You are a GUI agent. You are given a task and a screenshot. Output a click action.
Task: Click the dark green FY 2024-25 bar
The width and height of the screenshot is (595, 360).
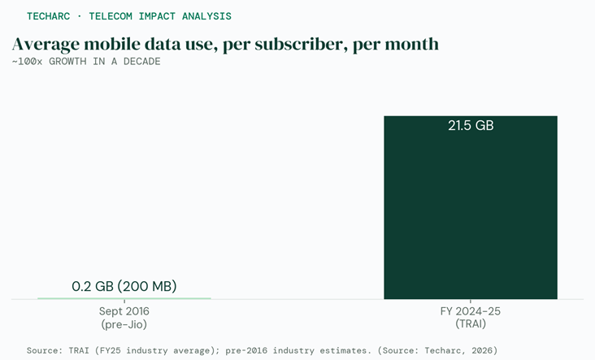point(471,207)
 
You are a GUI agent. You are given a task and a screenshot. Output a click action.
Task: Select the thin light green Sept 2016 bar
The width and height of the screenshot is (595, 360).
point(124,298)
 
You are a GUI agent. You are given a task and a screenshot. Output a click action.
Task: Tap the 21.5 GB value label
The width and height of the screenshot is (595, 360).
point(471,126)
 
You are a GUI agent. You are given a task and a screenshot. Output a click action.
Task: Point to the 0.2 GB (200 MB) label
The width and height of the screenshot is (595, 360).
point(124,286)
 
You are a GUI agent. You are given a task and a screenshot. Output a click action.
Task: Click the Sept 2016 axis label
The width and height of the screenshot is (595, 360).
point(124,311)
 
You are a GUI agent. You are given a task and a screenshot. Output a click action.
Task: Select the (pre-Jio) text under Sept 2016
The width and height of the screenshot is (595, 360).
point(124,324)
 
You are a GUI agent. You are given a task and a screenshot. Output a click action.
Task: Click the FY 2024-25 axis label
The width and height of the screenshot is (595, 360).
point(471,311)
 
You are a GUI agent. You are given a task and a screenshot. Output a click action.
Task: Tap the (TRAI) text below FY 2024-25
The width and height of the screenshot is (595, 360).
point(471,324)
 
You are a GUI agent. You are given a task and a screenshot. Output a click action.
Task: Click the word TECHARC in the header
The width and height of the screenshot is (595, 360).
point(48,16)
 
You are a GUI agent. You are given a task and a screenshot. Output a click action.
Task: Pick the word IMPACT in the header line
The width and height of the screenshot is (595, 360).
point(154,16)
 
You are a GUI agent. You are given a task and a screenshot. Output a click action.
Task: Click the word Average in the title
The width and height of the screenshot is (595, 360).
point(46,45)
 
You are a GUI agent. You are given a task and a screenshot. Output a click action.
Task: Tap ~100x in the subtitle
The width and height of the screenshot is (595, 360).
point(27,62)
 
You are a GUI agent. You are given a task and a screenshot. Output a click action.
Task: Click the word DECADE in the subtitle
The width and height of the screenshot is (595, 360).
point(141,62)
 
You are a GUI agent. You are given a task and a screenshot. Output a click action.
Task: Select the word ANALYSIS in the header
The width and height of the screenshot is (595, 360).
point(206,16)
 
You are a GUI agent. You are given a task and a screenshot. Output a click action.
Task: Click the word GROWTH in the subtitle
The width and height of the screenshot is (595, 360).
point(67,62)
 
